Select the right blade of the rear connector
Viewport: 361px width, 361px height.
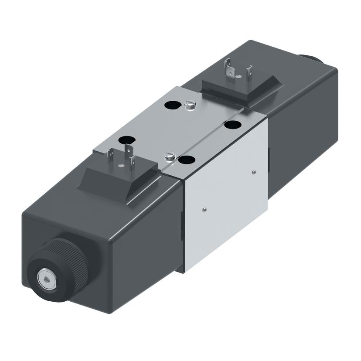point(249,70)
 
